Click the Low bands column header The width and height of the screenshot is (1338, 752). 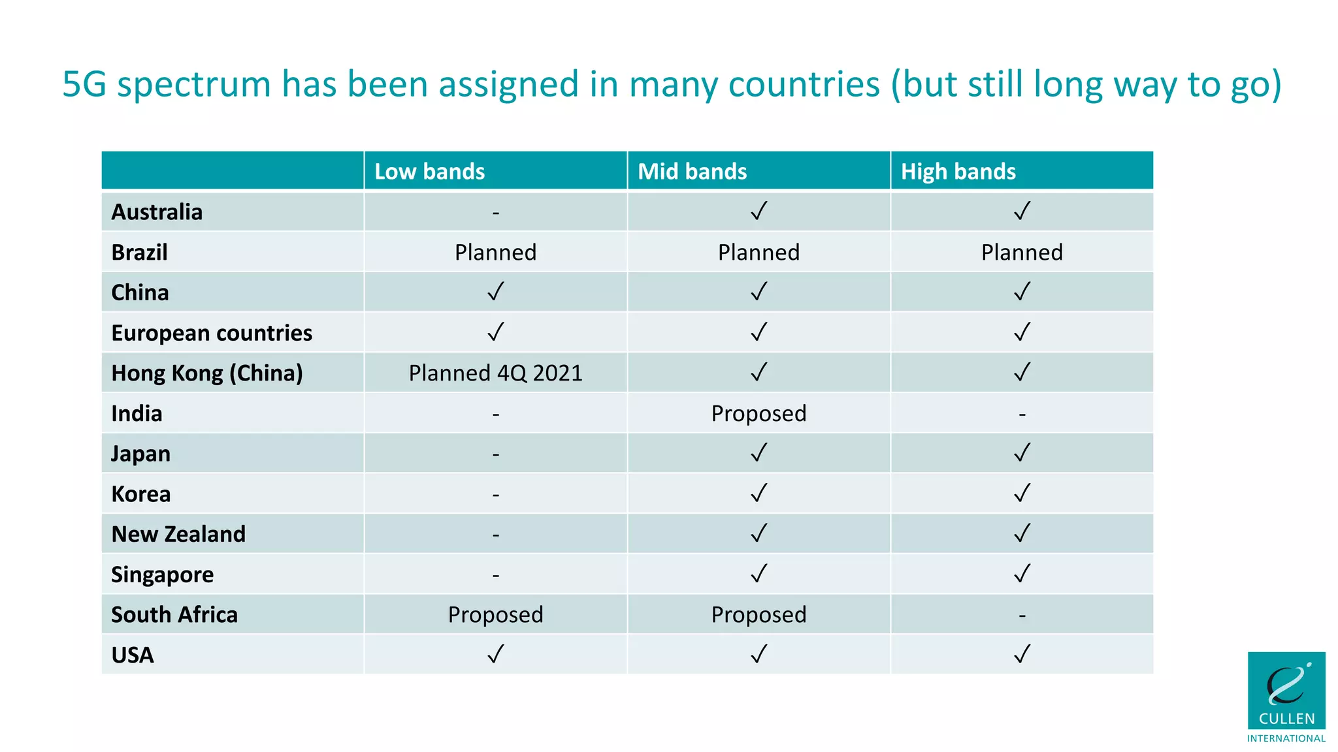pos(429,171)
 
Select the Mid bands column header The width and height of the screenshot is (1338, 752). pos(692,171)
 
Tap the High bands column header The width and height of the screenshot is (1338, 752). pos(958,171)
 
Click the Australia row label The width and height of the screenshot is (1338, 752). pos(157,212)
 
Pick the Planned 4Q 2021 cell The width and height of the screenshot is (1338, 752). pos(495,373)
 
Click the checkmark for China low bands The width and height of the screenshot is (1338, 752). pos(496,291)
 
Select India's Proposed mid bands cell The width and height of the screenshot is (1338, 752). pos(759,413)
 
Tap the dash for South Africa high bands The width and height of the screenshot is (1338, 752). pos(1022,615)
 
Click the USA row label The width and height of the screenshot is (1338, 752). pos(133,655)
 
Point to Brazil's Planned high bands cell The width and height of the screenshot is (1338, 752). pos(1022,252)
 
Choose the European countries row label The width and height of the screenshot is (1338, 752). pos(212,333)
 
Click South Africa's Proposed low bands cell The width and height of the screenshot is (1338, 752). pos(495,614)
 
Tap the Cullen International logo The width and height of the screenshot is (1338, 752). pos(1286,696)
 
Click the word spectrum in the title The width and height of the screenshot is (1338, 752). pos(193,85)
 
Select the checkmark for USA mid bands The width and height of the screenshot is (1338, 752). pos(759,653)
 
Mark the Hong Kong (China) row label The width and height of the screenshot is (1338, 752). pos(207,373)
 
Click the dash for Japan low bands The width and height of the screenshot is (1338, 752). pos(496,454)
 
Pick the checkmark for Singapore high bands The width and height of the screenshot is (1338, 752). pos(1022,573)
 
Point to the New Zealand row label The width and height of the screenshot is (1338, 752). pos(178,534)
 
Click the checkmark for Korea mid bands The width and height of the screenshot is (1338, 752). pos(759,493)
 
